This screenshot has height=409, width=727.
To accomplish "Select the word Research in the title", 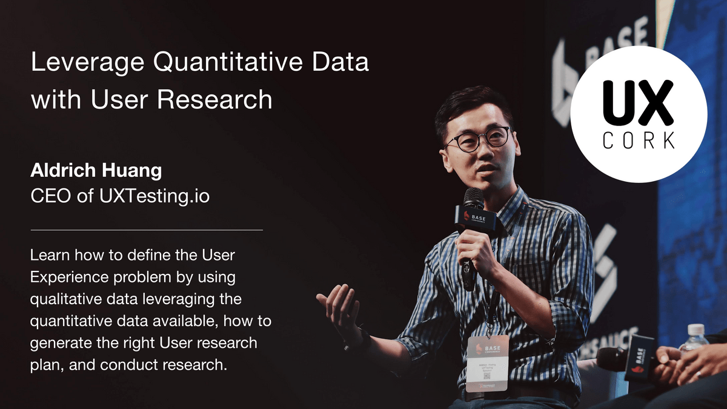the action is click(214, 99).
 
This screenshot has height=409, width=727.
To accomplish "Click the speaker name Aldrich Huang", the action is click(96, 170).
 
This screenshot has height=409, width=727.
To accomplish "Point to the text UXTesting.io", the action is click(154, 196).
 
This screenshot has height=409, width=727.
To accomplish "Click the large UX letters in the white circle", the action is click(638, 102).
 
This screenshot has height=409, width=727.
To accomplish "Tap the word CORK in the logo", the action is click(639, 140).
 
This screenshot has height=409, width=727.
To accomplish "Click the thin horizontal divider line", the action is click(147, 230).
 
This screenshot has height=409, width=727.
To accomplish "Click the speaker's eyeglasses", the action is click(478, 139).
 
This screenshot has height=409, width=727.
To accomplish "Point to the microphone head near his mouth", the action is click(473, 198).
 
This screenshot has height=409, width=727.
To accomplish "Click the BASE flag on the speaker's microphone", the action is click(476, 218).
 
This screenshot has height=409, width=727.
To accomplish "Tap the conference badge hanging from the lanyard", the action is click(488, 364).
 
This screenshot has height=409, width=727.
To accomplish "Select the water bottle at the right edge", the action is click(694, 339).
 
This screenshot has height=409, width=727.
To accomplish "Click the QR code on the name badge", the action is click(487, 376).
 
